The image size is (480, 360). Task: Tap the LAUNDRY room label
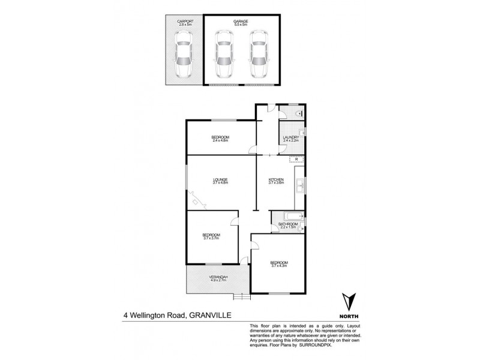(291, 138)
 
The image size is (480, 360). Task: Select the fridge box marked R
(297, 159)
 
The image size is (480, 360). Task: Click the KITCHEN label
(276, 180)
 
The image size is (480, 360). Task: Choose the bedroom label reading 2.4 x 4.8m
(220, 139)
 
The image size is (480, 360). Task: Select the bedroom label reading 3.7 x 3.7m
(211, 236)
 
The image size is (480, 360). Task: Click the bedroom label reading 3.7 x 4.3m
(279, 263)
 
